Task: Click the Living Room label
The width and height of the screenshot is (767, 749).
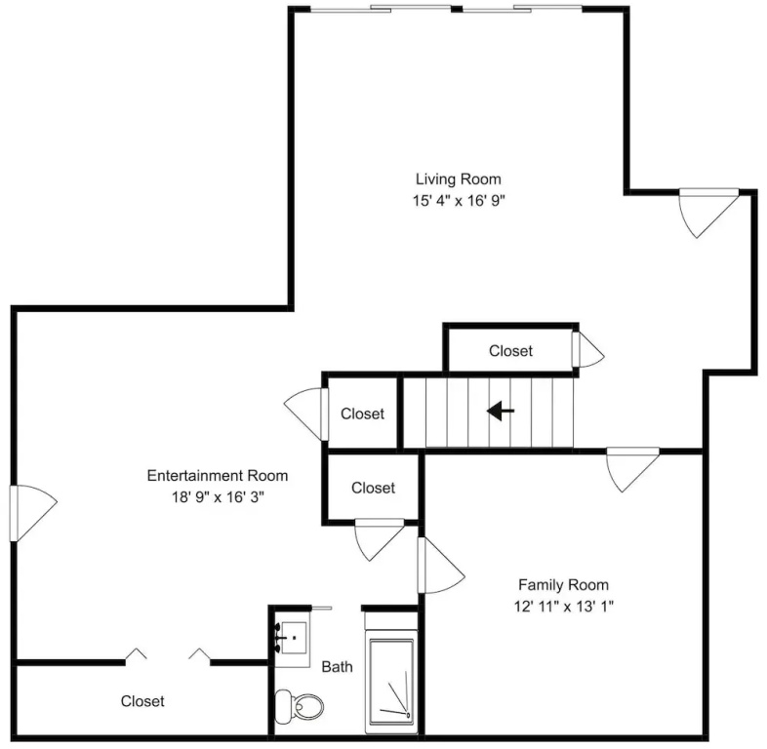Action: coord(459,178)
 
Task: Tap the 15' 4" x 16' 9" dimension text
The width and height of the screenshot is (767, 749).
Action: coord(459,201)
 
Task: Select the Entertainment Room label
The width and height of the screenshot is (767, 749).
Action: coord(218,476)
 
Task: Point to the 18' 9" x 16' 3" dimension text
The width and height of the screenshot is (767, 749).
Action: coord(218,497)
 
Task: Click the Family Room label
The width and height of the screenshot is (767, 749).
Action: coord(563,585)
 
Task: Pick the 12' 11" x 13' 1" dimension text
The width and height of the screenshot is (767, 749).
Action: coord(563,607)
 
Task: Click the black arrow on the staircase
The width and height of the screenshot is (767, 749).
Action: coord(501,411)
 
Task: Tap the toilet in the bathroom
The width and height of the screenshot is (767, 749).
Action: coord(300,706)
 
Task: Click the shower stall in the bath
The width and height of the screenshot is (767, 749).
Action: coord(391,681)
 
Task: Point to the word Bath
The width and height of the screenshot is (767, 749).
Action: coord(337,667)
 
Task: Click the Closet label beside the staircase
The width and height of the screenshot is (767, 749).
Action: coord(362,414)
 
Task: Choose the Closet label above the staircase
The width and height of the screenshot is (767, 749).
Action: coord(510,350)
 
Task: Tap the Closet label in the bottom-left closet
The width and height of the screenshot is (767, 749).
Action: coord(142,701)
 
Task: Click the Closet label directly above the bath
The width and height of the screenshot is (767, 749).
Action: coord(373,488)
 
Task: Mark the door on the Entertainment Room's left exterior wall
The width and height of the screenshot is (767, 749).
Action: coord(33,513)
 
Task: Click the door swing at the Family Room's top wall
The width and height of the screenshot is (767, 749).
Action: coord(632,469)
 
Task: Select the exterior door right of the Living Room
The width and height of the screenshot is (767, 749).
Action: coord(708,214)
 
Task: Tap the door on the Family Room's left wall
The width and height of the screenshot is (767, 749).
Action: coord(440,566)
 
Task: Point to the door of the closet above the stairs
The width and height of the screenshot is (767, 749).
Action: coord(588,349)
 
